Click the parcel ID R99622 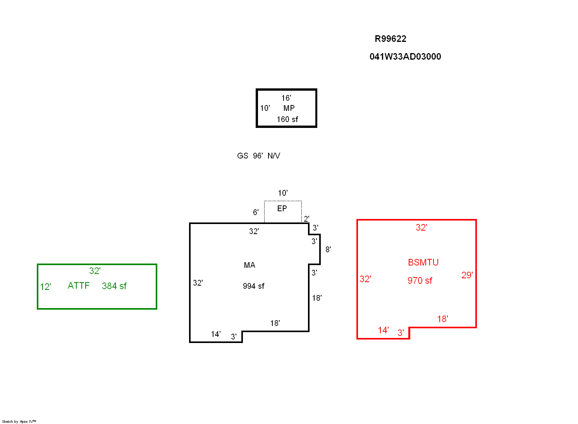[390, 39]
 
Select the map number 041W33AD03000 [405, 57]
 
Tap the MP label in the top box [289, 108]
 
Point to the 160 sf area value [287, 119]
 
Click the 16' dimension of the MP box [286, 98]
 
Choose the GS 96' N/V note [258, 156]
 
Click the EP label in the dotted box [282, 209]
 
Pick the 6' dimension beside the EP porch [256, 212]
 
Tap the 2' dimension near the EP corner [306, 219]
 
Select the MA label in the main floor [249, 265]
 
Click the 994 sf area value [253, 286]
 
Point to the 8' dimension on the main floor [328, 250]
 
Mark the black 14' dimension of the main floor [216, 334]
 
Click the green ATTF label [79, 286]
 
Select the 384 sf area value [114, 286]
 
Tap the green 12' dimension [46, 287]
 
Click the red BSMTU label [423, 262]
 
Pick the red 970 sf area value [420, 281]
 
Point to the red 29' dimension [467, 275]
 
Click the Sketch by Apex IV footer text [19, 421]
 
